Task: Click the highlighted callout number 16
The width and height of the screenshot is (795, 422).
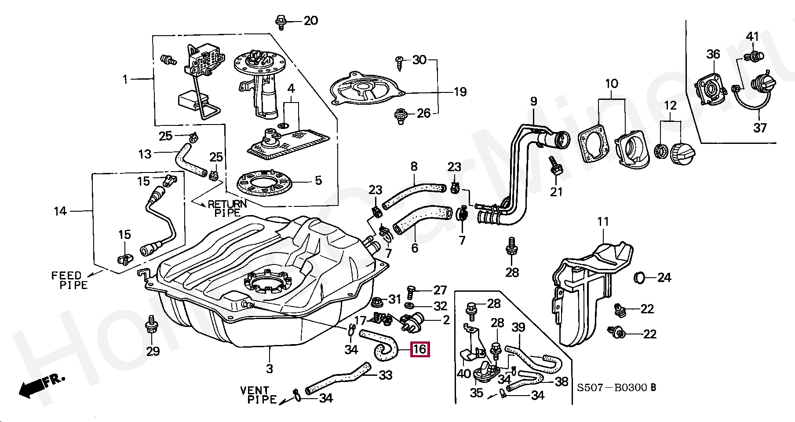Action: click(x=420, y=350)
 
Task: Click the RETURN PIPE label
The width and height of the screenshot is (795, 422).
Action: click(x=227, y=208)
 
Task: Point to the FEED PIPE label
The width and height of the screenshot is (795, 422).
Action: click(x=69, y=280)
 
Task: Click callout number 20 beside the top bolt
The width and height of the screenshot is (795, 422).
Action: click(x=310, y=21)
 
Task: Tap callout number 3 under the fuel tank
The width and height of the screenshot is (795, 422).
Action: click(x=270, y=368)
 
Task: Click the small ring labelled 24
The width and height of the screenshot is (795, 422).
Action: click(x=640, y=278)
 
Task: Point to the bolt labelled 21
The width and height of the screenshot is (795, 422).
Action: click(x=555, y=167)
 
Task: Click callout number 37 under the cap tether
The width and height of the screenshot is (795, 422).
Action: click(x=760, y=128)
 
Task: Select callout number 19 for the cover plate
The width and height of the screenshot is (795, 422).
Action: click(x=460, y=92)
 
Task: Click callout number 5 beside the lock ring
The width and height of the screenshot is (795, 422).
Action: click(x=318, y=180)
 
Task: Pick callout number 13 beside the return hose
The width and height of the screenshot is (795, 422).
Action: click(x=145, y=154)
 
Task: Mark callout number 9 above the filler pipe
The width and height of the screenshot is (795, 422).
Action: click(x=534, y=102)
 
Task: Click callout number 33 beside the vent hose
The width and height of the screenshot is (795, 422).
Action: click(x=386, y=375)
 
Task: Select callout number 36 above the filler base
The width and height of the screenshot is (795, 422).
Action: click(x=713, y=54)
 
